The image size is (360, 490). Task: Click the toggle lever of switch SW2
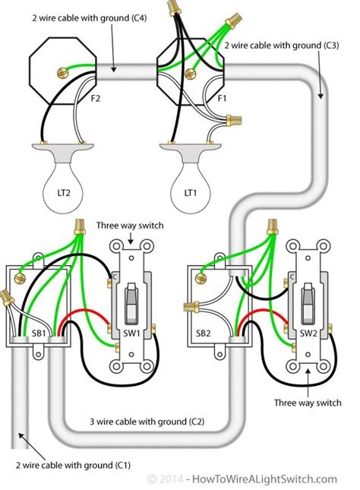pyautogui.click(x=308, y=296)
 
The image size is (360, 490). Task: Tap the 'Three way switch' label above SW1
pyautogui.click(x=131, y=226)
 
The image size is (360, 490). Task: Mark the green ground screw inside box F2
pyautogui.click(x=60, y=73)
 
